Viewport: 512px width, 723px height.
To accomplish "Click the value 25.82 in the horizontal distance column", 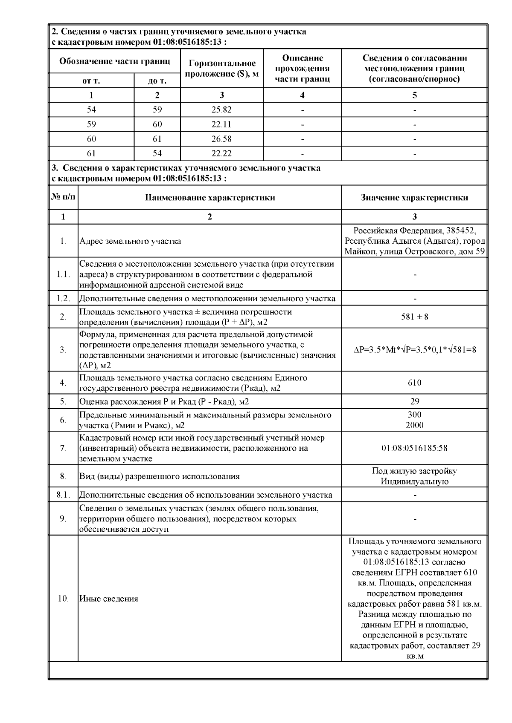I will click(221, 109).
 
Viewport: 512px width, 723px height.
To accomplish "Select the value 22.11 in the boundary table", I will click(221, 124).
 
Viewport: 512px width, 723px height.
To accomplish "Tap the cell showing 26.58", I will click(221, 139).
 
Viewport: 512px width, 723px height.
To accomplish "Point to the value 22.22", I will click(221, 153).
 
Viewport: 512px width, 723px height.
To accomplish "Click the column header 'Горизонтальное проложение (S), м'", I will click(222, 69).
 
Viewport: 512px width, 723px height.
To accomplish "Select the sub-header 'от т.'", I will click(91, 81).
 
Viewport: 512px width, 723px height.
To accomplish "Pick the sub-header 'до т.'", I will click(157, 81).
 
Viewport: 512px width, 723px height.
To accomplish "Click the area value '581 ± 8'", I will click(414, 317).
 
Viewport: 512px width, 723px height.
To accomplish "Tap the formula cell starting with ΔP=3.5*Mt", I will click(415, 350).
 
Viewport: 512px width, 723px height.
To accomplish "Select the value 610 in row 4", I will click(414, 383).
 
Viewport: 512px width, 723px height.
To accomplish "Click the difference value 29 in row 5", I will click(414, 401).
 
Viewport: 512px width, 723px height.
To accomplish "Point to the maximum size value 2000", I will click(414, 425).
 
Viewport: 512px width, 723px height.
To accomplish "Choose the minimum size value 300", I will click(414, 415).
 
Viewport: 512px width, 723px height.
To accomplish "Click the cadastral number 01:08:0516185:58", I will click(414, 448).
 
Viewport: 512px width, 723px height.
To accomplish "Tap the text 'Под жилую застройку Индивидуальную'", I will click(414, 476).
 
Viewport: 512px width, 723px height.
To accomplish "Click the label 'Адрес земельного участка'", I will click(130, 241).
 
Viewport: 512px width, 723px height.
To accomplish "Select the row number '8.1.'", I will click(63, 495).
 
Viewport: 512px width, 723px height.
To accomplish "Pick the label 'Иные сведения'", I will click(109, 599).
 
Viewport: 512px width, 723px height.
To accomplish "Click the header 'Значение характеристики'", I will click(414, 198).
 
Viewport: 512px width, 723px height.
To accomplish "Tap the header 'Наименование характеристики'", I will click(209, 198).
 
